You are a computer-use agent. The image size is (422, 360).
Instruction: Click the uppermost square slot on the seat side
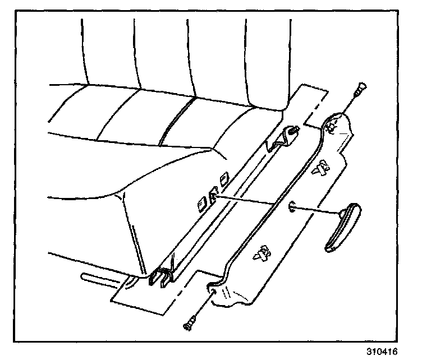point(224,178)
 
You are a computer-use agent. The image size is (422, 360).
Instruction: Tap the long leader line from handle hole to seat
point(253,202)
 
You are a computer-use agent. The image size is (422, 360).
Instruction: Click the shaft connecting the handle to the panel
point(317,211)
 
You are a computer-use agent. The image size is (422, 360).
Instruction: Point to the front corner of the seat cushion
point(121,193)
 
